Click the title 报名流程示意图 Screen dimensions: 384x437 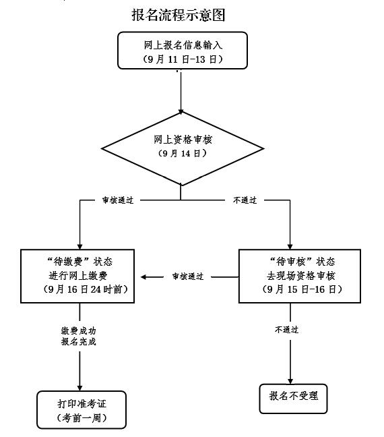(x=179, y=15)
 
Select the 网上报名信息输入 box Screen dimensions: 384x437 (x=183, y=50)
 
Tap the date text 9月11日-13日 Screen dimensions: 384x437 (x=183, y=59)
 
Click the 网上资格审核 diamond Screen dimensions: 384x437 (x=183, y=148)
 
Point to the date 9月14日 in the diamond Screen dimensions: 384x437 (x=183, y=153)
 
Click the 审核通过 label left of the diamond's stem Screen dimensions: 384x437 (x=118, y=200)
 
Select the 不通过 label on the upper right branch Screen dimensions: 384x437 (x=245, y=200)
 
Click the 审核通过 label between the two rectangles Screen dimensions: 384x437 (x=188, y=276)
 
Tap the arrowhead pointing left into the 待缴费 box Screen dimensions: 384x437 (x=143, y=277)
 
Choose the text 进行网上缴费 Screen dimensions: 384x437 (x=78, y=276)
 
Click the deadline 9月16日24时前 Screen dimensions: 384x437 (x=86, y=289)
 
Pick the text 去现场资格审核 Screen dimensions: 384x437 (x=300, y=276)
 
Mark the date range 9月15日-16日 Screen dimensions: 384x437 (x=302, y=289)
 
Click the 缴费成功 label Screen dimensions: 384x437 (x=79, y=331)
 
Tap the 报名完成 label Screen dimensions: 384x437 (x=79, y=341)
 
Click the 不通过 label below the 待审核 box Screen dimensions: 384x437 (x=286, y=330)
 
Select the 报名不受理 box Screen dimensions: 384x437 (x=293, y=399)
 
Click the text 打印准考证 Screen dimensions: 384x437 (x=82, y=404)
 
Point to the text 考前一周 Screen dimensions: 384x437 (x=82, y=417)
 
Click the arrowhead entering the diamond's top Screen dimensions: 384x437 (x=181, y=112)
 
